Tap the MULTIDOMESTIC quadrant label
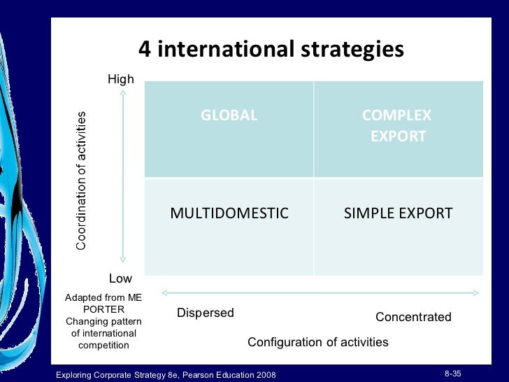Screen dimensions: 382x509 (x=229, y=213)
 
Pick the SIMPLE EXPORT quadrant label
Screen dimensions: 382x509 (x=398, y=213)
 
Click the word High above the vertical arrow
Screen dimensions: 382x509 (x=120, y=80)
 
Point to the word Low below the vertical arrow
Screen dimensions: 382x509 (x=120, y=279)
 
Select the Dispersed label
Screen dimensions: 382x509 (x=205, y=313)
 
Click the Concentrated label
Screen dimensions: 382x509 (x=413, y=317)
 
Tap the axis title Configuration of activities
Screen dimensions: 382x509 (x=318, y=342)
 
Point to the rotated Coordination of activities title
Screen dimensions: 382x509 (x=81, y=181)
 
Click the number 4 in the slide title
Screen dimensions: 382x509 (x=145, y=50)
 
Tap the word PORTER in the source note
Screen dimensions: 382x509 (x=103, y=309)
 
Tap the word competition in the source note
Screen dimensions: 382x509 (x=103, y=345)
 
